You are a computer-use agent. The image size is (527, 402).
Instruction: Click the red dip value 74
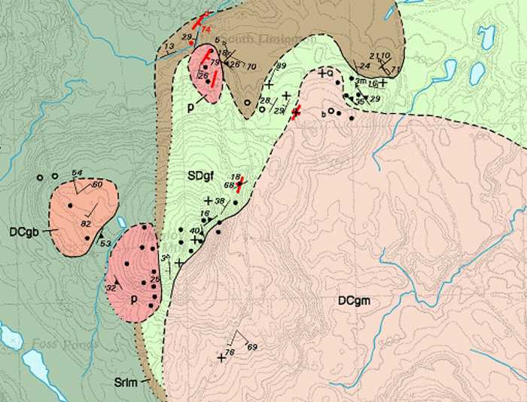[x=207, y=29]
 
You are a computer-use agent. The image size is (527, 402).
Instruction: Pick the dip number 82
[x=85, y=224]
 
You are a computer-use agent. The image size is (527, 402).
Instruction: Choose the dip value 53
[x=105, y=243]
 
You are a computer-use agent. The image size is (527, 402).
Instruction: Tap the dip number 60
[x=96, y=184]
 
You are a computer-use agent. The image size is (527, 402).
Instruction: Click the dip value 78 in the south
[x=230, y=351]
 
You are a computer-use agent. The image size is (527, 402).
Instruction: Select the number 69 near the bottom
[x=251, y=347]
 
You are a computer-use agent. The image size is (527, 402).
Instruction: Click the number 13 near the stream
[x=169, y=47]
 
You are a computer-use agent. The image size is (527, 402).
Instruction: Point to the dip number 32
[x=111, y=288]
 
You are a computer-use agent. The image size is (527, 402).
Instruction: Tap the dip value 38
[x=220, y=201]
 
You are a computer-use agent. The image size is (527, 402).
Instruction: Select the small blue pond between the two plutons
[x=120, y=222]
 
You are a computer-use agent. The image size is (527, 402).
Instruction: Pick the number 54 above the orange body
[x=77, y=173]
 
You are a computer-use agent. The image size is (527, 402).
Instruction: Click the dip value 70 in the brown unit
[x=252, y=66]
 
